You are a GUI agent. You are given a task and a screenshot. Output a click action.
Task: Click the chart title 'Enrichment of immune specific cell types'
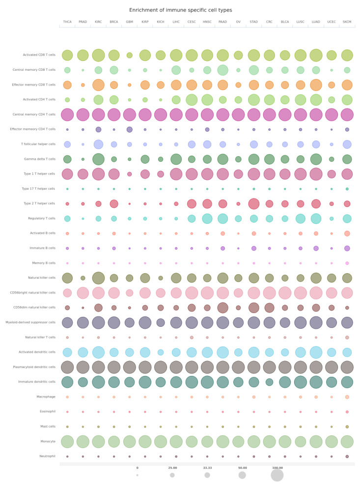click(x=180, y=10)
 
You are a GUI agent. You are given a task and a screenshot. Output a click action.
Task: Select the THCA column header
click(x=67, y=22)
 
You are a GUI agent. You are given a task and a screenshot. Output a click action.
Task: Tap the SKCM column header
click(x=347, y=22)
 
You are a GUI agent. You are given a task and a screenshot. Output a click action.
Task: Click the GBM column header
click(x=129, y=22)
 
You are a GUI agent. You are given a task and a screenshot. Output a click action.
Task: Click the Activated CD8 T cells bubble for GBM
click(x=129, y=55)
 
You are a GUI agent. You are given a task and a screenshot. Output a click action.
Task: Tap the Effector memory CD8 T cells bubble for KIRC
click(x=98, y=85)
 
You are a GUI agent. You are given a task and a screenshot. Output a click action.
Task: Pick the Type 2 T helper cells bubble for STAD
click(x=253, y=203)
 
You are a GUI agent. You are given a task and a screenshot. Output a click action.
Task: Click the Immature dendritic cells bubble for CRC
click(x=269, y=382)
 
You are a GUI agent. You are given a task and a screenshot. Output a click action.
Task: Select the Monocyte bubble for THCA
click(x=67, y=441)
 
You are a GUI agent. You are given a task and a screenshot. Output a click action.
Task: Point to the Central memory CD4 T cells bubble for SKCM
click(x=347, y=114)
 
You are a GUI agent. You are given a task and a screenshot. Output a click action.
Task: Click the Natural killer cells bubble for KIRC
click(x=98, y=278)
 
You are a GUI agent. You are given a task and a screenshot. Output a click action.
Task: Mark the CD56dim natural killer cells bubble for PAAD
click(x=222, y=308)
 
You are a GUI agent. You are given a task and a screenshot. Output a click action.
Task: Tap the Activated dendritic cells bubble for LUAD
click(x=316, y=352)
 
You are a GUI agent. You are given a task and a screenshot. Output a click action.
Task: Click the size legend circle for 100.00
click(x=277, y=475)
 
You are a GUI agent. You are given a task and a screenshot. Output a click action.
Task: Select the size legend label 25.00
click(x=172, y=468)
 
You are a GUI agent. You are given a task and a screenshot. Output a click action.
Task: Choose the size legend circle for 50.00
click(x=242, y=475)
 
